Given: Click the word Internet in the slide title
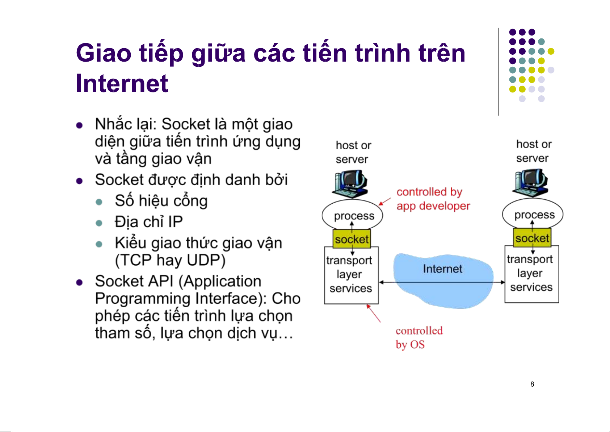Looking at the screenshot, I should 122,84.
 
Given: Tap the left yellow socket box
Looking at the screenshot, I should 352,239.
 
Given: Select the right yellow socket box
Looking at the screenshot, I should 532,238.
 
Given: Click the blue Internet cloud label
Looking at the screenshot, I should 442,269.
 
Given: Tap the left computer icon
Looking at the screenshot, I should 350,184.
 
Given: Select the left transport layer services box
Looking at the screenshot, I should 351,275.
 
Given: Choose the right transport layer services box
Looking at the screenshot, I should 531,274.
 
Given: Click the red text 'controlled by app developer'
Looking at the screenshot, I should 433,199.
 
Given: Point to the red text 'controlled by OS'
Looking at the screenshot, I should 418,337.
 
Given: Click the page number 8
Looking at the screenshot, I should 532,384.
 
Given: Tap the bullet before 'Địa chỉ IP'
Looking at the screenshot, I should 99,223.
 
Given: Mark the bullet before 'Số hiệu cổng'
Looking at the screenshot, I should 99,202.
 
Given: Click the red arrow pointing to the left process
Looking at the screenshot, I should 385,202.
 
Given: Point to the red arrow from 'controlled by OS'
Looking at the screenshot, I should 374,313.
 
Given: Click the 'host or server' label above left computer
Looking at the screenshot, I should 353,152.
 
